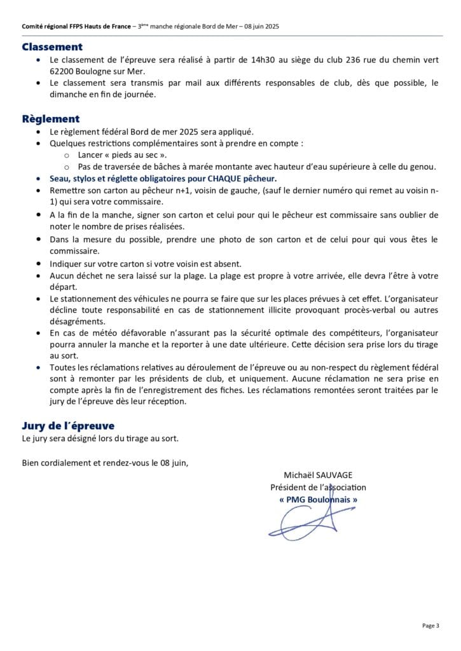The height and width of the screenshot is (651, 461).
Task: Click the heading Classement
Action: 52,47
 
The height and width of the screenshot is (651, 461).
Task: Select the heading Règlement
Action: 51,119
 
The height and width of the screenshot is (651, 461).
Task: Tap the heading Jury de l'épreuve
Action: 68,425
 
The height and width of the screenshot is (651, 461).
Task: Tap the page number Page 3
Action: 430,626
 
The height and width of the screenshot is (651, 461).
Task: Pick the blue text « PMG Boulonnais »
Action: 319,500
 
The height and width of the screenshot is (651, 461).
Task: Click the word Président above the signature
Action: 290,488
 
